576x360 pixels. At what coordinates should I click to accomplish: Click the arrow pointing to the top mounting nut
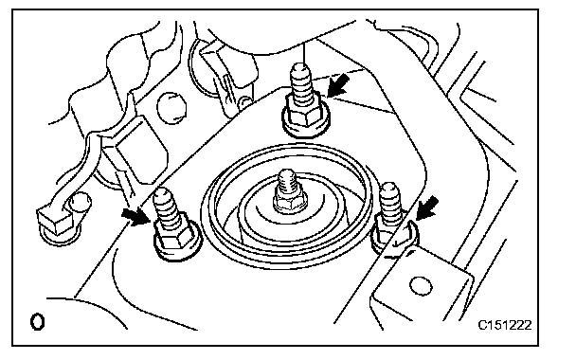[338, 85]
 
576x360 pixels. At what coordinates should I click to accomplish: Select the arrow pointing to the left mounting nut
[135, 217]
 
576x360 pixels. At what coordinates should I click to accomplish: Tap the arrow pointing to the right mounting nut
[427, 207]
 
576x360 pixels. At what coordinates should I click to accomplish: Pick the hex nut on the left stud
[177, 241]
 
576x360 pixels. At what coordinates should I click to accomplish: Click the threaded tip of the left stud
[167, 205]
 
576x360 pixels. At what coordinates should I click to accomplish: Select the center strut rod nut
[290, 201]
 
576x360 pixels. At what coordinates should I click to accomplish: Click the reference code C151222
[505, 325]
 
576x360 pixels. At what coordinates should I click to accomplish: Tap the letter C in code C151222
[482, 325]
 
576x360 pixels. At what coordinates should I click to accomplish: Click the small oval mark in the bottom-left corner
[37, 322]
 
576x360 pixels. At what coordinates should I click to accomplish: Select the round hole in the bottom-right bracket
[421, 285]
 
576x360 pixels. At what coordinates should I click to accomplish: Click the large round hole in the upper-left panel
[171, 108]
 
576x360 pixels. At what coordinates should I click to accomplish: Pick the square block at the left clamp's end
[54, 222]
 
